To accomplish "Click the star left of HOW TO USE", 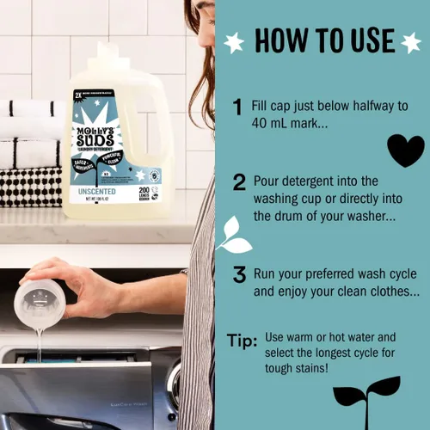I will coord(233,42).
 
